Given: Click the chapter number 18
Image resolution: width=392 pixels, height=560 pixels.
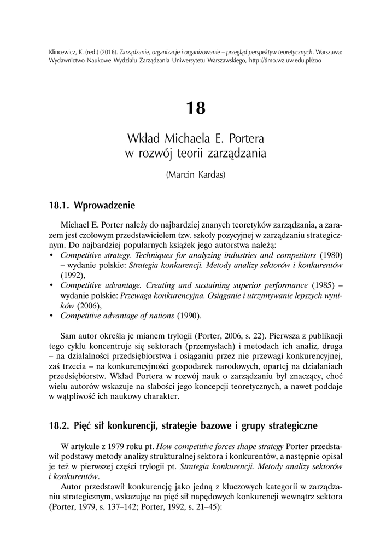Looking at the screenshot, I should [x=196, y=108].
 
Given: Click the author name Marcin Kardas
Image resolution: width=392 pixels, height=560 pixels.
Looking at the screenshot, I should [x=196, y=177].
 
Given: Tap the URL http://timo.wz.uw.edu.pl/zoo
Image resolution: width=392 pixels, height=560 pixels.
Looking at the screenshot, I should [x=285, y=61].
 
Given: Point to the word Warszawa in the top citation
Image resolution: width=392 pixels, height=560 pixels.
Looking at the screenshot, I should [x=326, y=51].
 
